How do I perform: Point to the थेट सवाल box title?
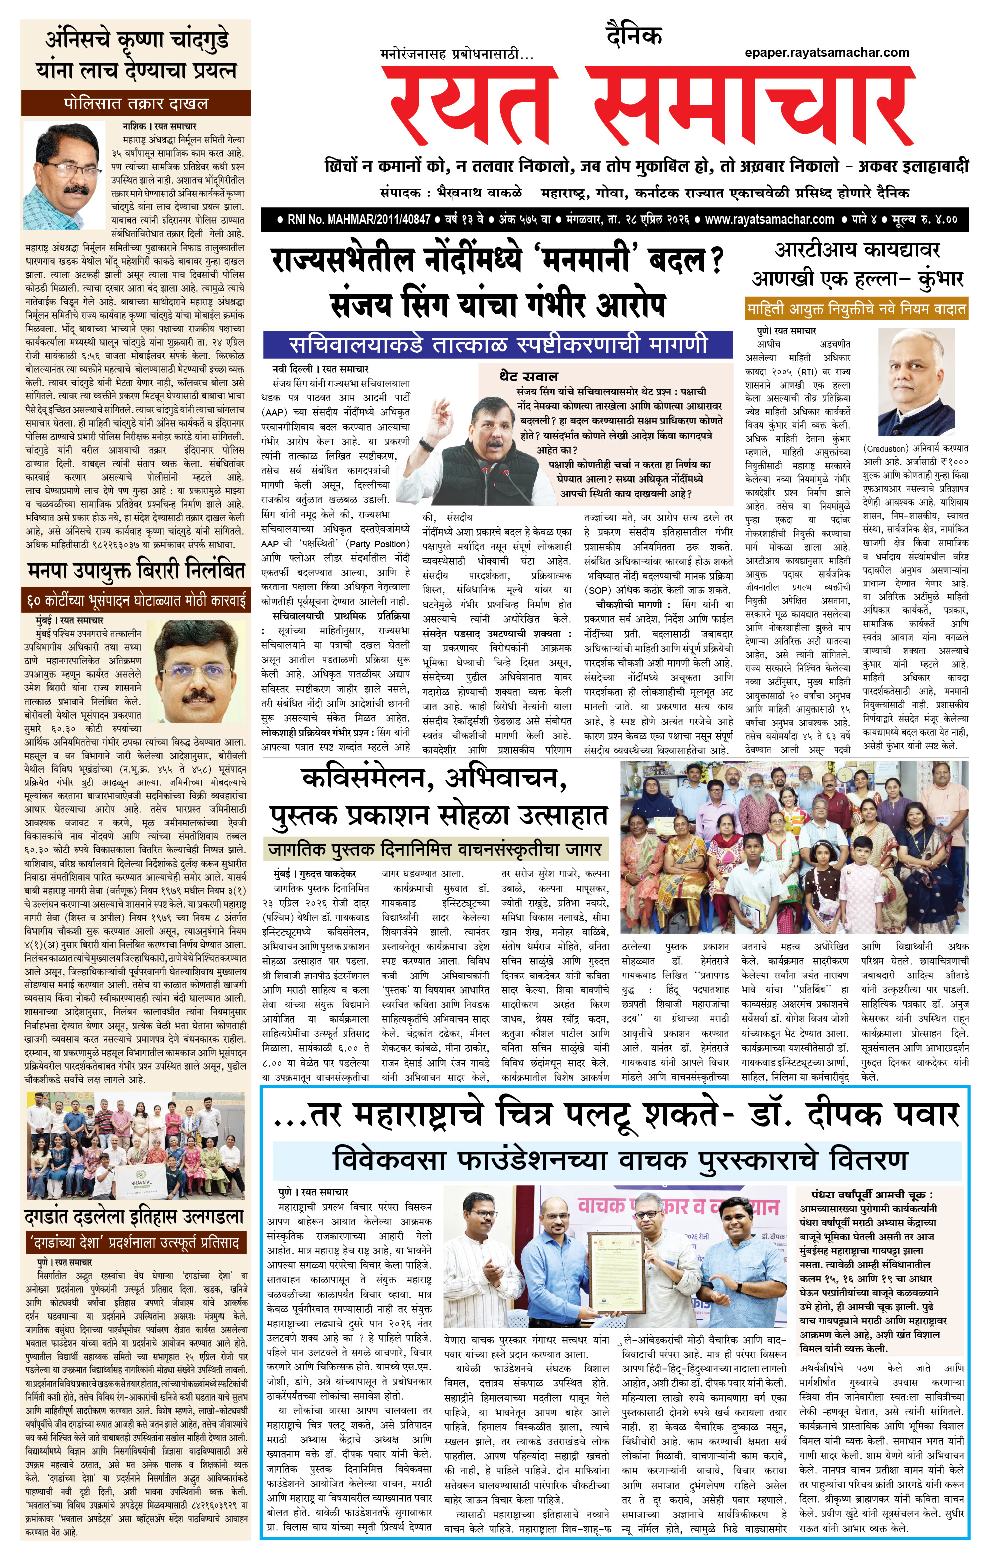coord(528,376)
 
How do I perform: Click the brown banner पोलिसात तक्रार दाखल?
coord(136,103)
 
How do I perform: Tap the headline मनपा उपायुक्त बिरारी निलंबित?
coord(136,570)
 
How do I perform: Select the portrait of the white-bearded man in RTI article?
coord(922,383)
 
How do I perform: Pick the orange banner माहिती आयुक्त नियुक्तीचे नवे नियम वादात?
coord(855,309)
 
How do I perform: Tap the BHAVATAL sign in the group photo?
coord(141,1176)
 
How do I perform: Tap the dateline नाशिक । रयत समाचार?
coord(160,126)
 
